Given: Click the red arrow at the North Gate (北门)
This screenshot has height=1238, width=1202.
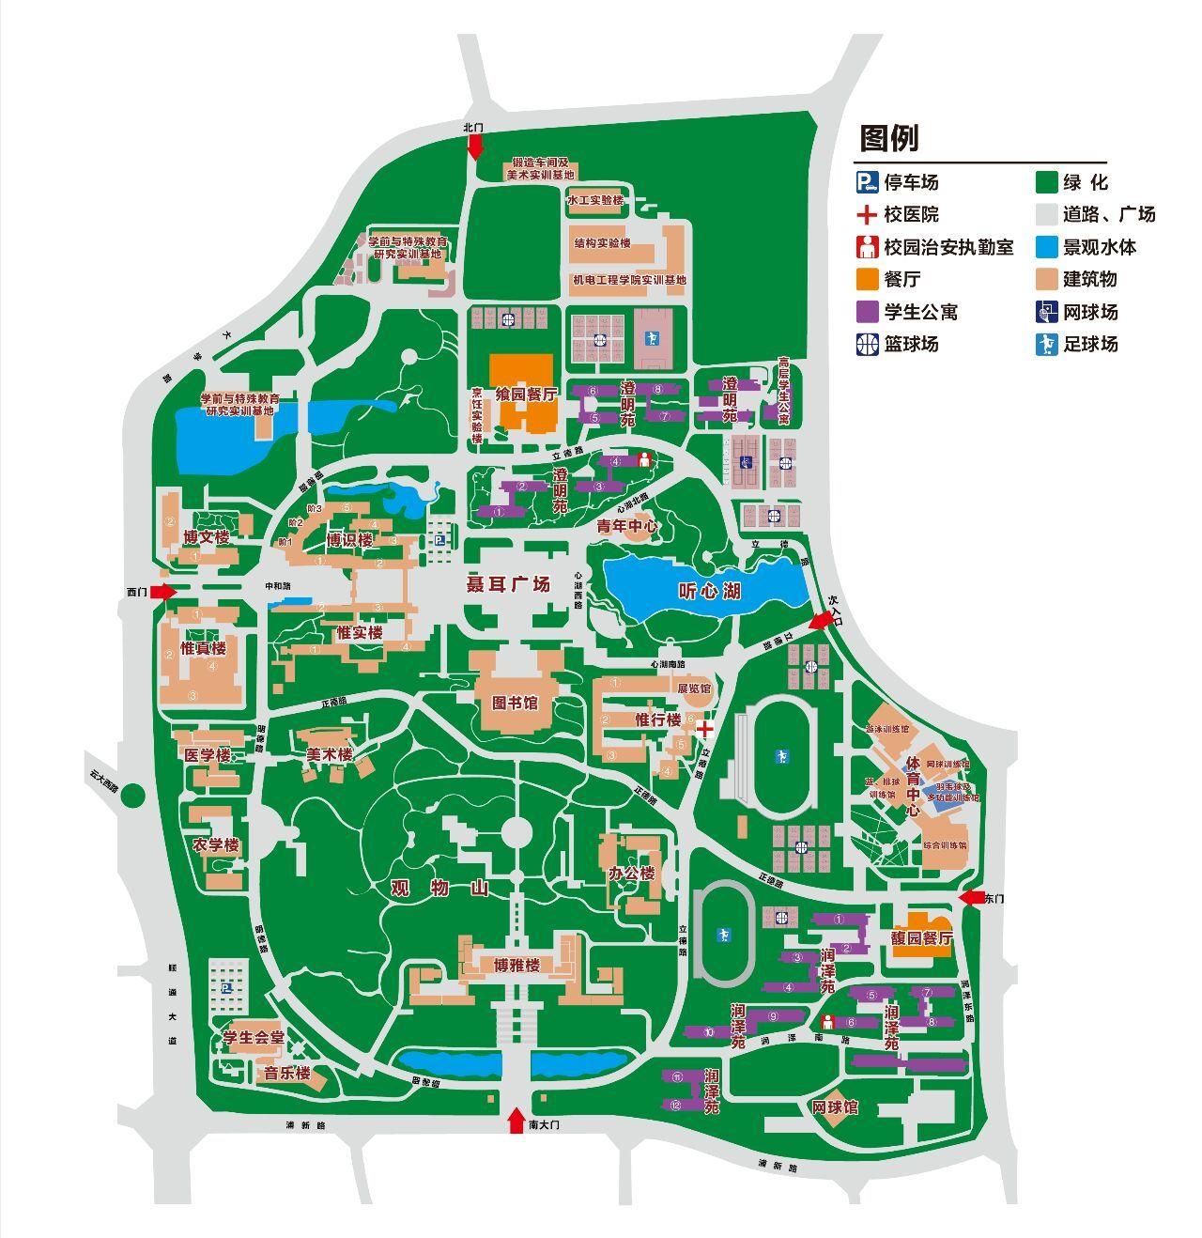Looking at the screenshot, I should (x=475, y=144).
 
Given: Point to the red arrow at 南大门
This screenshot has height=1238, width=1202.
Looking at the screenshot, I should (x=516, y=1121).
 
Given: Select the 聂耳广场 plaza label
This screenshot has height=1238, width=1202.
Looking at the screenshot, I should (x=508, y=584).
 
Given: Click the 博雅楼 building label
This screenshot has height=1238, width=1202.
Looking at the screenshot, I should (x=517, y=966).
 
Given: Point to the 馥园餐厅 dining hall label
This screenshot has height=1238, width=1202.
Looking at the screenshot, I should (x=922, y=938).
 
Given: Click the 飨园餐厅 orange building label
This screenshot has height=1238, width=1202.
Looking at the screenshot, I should (x=520, y=395).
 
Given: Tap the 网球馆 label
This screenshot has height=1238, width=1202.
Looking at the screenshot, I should (x=836, y=1107).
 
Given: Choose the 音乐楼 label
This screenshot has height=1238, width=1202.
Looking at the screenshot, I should (x=286, y=1073).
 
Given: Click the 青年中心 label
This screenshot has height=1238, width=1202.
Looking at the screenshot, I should (x=627, y=528).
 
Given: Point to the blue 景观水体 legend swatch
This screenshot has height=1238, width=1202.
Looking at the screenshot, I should (x=1047, y=247).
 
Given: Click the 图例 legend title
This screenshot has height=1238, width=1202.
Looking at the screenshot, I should (x=888, y=138).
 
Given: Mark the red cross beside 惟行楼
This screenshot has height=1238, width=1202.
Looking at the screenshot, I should (x=704, y=728).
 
